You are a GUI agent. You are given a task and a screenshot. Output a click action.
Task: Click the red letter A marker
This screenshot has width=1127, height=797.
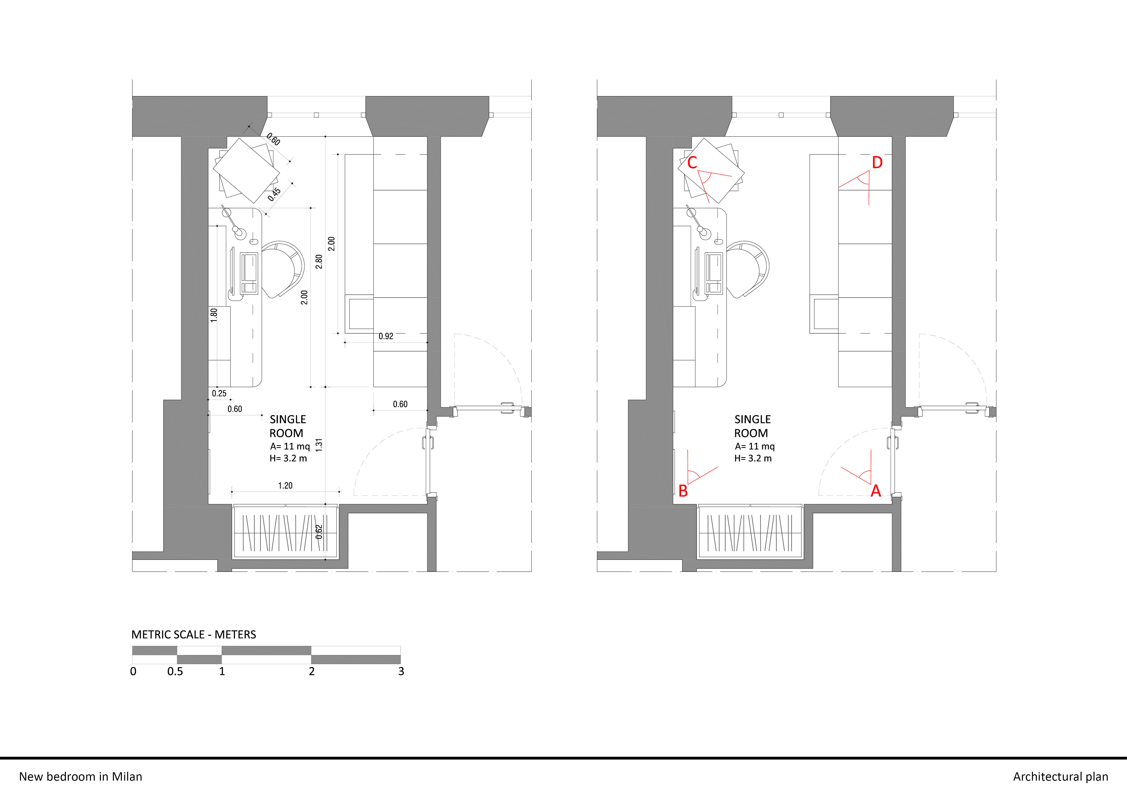tap(876, 491)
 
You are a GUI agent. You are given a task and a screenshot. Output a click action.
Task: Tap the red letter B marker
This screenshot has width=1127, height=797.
tap(683, 491)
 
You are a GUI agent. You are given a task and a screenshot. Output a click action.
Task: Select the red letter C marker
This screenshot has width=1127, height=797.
tap(692, 162)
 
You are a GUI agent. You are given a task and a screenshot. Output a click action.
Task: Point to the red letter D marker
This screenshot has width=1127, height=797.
tap(877, 162)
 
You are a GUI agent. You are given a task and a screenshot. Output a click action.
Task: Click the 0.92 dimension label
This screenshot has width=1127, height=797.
tap(386, 336)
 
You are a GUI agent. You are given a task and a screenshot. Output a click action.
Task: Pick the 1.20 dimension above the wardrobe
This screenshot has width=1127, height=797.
tap(285, 485)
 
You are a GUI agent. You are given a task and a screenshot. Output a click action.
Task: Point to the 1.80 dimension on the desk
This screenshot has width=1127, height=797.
tap(214, 315)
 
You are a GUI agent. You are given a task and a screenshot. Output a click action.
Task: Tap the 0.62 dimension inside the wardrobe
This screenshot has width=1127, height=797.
tap(319, 532)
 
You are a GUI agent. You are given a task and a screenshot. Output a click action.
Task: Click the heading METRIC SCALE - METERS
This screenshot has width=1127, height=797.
tap(193, 635)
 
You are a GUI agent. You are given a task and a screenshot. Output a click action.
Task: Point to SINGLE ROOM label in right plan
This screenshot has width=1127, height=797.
tap(752, 426)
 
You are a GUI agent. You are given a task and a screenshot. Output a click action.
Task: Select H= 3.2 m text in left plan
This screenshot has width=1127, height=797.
tap(288, 458)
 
